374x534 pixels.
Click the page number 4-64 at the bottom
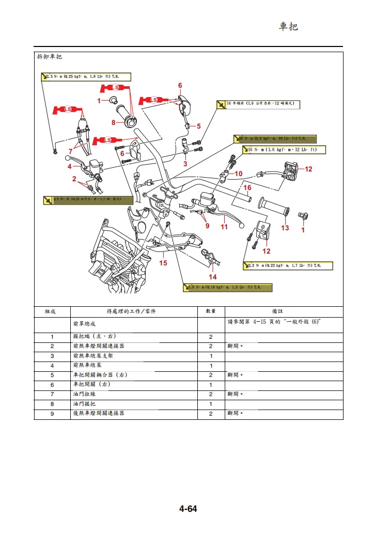tap(188, 509)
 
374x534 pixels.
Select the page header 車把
tap(288, 26)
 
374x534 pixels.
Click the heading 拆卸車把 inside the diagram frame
tap(50, 57)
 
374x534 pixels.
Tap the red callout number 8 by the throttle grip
tap(114, 122)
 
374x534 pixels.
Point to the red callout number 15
tap(163, 263)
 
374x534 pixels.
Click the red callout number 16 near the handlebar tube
tap(247, 187)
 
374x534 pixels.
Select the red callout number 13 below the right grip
tap(285, 228)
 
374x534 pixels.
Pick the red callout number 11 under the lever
tap(224, 226)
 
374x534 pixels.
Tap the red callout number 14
tap(212, 277)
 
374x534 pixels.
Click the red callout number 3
tap(185, 163)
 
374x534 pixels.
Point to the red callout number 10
tap(239, 174)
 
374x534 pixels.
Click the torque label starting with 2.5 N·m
tap(86, 77)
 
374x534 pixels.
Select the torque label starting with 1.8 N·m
tap(227, 288)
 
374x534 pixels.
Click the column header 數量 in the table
tap(211, 311)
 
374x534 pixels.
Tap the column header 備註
tap(284, 311)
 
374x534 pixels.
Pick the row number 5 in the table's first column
tap(52, 375)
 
